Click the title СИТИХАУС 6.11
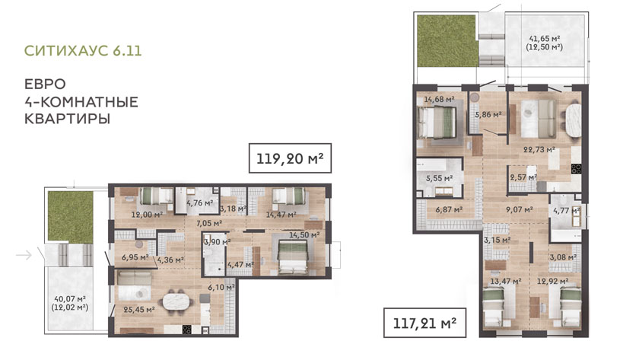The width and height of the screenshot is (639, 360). [x=83, y=50]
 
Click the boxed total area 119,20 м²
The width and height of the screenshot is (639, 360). [x=290, y=158]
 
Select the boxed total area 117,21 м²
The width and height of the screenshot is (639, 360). [x=424, y=323]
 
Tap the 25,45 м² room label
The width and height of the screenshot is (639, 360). [x=139, y=310]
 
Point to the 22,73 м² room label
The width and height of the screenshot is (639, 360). [x=539, y=150]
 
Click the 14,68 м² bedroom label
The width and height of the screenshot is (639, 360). [x=439, y=99]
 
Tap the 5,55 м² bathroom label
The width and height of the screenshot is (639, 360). [x=440, y=178]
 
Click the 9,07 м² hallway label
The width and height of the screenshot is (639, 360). [x=520, y=209]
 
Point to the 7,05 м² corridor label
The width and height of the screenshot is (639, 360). [x=209, y=223]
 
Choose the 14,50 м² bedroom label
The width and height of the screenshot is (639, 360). [x=304, y=235]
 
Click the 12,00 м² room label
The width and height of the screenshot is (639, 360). [x=147, y=215]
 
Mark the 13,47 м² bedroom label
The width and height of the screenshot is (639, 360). [x=506, y=282]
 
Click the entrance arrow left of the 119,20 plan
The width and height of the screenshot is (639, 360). [x=24, y=255]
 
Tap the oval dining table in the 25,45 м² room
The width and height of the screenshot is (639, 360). [x=178, y=302]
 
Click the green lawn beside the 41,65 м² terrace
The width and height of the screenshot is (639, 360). [x=446, y=41]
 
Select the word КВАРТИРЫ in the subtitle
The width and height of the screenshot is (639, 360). [x=67, y=119]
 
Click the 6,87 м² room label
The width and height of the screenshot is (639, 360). [x=449, y=209]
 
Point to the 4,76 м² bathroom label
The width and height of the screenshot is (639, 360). [x=200, y=202]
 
